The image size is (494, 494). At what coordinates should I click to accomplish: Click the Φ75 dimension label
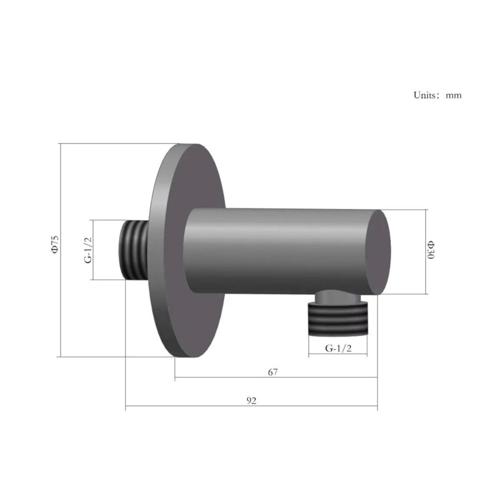tap(55, 244)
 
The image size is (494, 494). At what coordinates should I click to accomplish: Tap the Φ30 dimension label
tap(431, 250)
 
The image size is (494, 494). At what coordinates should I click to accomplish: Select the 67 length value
tap(273, 372)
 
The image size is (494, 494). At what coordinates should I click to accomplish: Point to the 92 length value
tap(251, 401)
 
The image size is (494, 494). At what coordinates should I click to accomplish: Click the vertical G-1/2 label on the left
tap(88, 250)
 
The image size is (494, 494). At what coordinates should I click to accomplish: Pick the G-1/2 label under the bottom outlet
tap(338, 348)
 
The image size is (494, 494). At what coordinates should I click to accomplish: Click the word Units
tap(424, 95)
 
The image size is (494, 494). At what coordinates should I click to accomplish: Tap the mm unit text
tap(454, 96)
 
